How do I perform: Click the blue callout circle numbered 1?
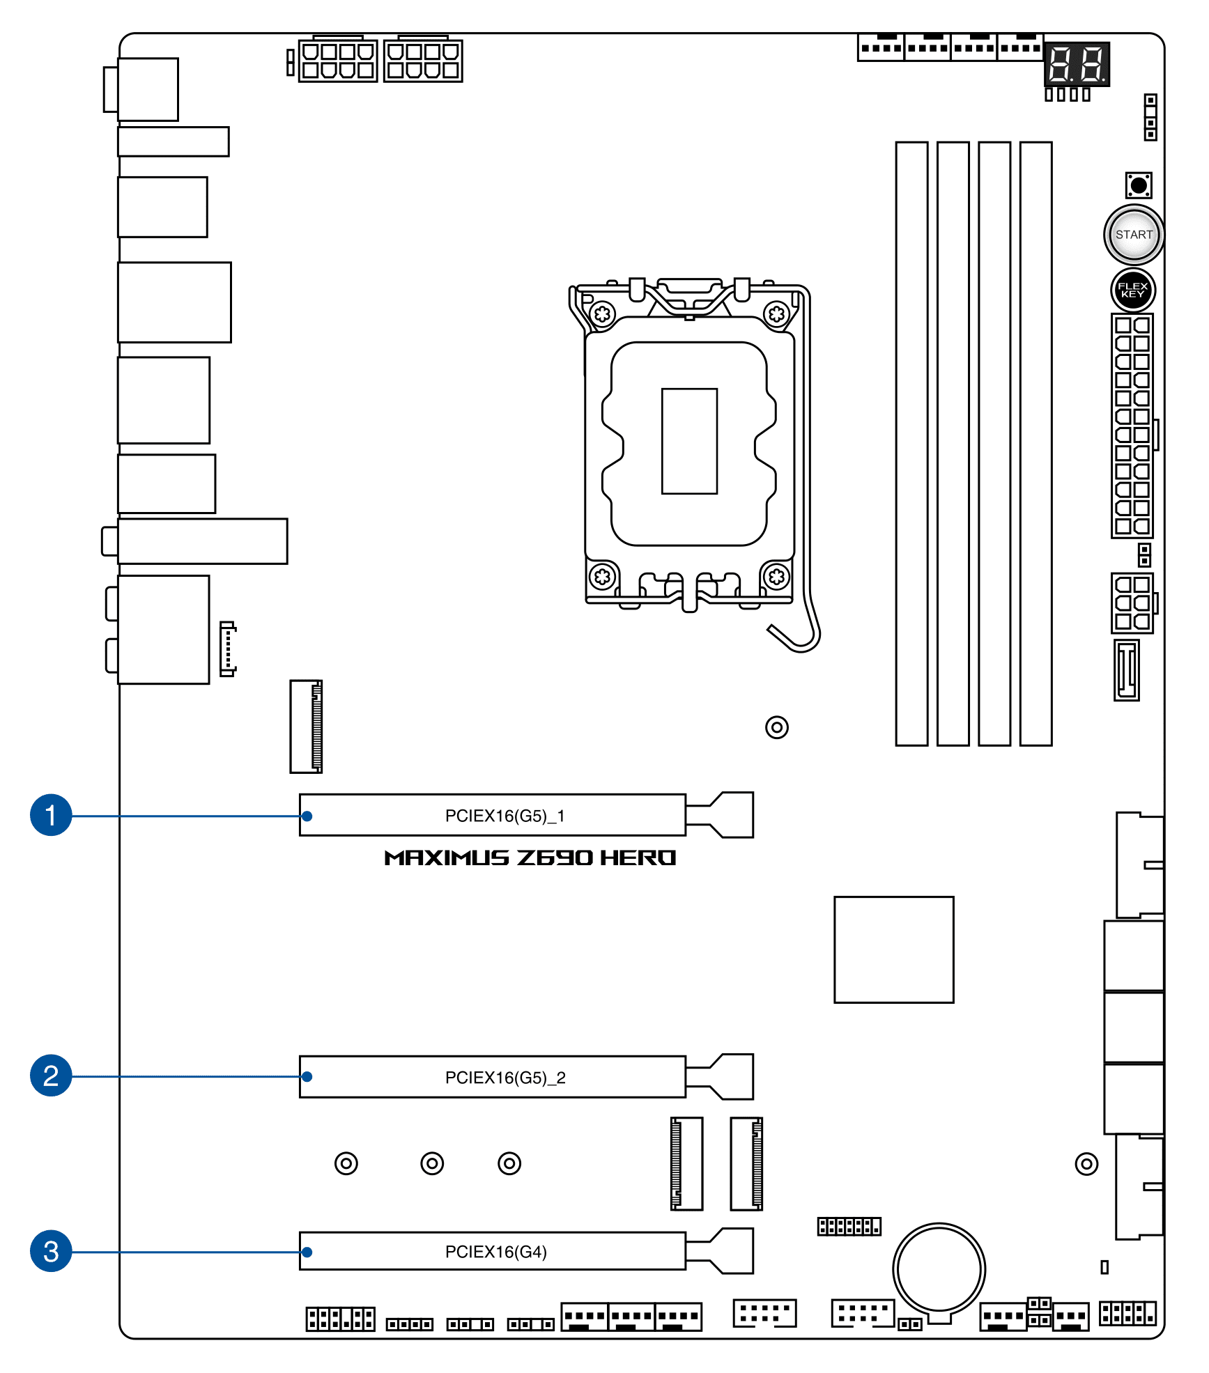51,814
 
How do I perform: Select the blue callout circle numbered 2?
51,1076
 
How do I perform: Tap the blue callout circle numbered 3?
51,1251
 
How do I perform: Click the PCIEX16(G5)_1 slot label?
505,816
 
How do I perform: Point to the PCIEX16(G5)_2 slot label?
505,1078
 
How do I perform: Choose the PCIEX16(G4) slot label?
496,1252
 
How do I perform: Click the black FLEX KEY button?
1133,290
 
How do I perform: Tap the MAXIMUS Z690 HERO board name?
530,858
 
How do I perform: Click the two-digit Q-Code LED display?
1077,64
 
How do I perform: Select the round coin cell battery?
939,1269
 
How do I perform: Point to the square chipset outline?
894,949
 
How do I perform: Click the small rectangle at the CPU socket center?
689,441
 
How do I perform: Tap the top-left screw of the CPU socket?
603,314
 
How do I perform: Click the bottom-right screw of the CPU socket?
776,577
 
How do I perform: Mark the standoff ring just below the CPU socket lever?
777,727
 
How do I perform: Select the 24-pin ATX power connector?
1132,426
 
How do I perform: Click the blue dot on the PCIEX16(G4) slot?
307,1252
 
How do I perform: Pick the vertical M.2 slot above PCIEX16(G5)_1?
306,727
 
